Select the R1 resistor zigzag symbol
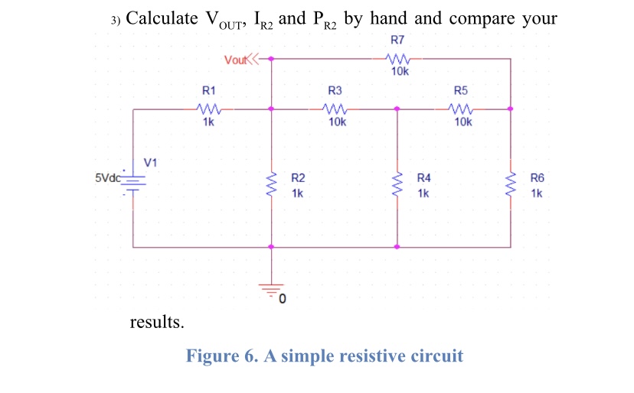click(208, 109)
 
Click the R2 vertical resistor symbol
click(270, 184)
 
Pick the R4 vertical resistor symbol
click(397, 184)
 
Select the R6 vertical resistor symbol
click(510, 184)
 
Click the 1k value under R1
click(208, 122)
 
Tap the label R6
click(537, 178)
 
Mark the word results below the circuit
click(157, 321)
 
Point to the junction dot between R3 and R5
click(397, 109)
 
